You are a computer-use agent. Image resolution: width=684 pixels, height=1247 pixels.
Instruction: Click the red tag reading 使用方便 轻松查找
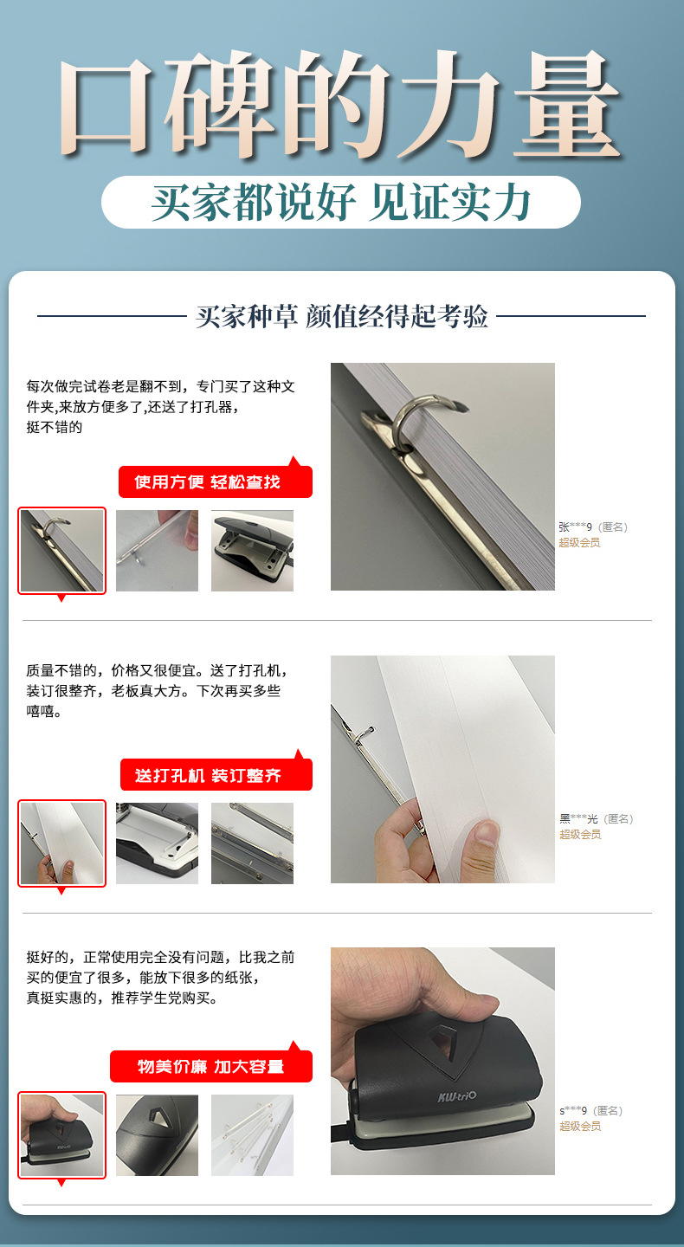coord(216,481)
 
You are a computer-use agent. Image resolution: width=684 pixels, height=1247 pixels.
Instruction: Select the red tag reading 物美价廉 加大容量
coord(211,1066)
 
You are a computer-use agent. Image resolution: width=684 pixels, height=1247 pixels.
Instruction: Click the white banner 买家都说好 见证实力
coord(340,202)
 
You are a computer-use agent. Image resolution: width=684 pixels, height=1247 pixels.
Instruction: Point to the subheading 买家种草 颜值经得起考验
coord(342,316)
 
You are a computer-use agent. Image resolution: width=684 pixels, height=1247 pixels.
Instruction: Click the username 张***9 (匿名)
coord(593,527)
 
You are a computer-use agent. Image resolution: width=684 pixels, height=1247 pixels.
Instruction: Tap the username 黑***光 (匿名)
coord(596,818)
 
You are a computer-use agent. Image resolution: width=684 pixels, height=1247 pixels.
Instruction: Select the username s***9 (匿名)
coord(590,1110)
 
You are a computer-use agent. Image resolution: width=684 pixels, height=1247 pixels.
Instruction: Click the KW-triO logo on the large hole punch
coord(456,1096)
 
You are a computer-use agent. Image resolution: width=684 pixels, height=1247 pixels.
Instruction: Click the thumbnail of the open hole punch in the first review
coord(252,551)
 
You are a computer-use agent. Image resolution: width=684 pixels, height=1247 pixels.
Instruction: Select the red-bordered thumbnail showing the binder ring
coord(61,550)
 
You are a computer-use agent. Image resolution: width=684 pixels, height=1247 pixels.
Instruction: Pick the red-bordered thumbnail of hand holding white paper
coord(61,843)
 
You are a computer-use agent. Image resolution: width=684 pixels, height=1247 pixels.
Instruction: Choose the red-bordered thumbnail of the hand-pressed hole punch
coord(61,1134)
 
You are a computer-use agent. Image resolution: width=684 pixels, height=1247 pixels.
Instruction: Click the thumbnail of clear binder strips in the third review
coord(252,1135)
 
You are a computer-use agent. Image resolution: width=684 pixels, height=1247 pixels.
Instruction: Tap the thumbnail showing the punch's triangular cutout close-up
coord(157,1135)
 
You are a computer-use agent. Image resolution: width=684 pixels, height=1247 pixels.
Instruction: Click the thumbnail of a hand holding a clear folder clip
coord(157,551)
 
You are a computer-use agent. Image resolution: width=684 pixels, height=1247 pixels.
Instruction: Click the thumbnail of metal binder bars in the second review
coord(252,843)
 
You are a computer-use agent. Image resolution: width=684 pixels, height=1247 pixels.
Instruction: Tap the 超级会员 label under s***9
coord(580,1126)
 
